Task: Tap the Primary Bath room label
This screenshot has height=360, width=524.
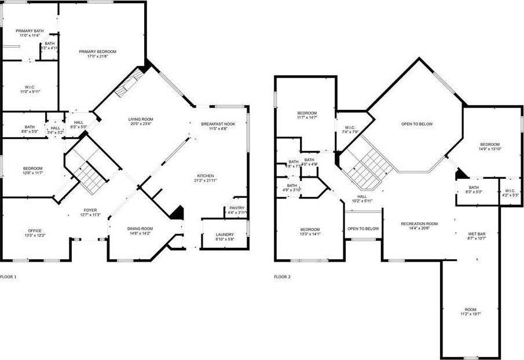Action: tap(30, 31)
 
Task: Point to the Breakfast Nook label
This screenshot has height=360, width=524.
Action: tap(218, 124)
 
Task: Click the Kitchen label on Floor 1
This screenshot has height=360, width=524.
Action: tap(206, 175)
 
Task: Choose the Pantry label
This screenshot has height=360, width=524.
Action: tap(237, 208)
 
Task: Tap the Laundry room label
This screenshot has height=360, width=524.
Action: tap(225, 234)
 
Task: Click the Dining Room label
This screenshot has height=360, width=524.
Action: tap(140, 228)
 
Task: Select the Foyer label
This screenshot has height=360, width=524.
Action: tap(90, 210)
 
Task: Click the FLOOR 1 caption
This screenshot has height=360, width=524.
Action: tap(8, 277)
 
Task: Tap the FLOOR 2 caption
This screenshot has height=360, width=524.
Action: tap(282, 277)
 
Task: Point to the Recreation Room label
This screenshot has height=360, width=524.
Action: tap(419, 223)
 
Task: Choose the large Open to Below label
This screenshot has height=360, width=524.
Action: tap(417, 124)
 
